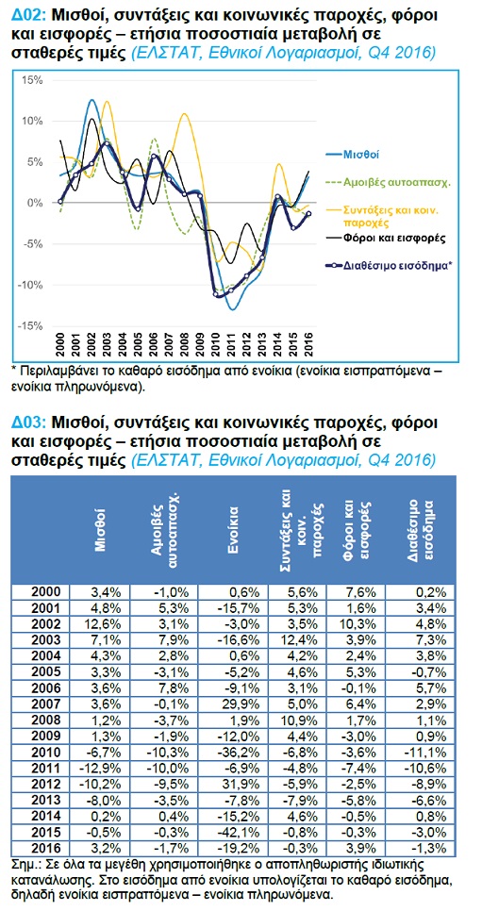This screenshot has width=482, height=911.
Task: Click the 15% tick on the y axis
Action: [x=33, y=80]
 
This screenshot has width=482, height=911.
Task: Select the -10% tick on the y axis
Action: [x=31, y=285]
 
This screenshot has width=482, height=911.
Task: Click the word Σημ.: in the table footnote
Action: [x=25, y=860]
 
